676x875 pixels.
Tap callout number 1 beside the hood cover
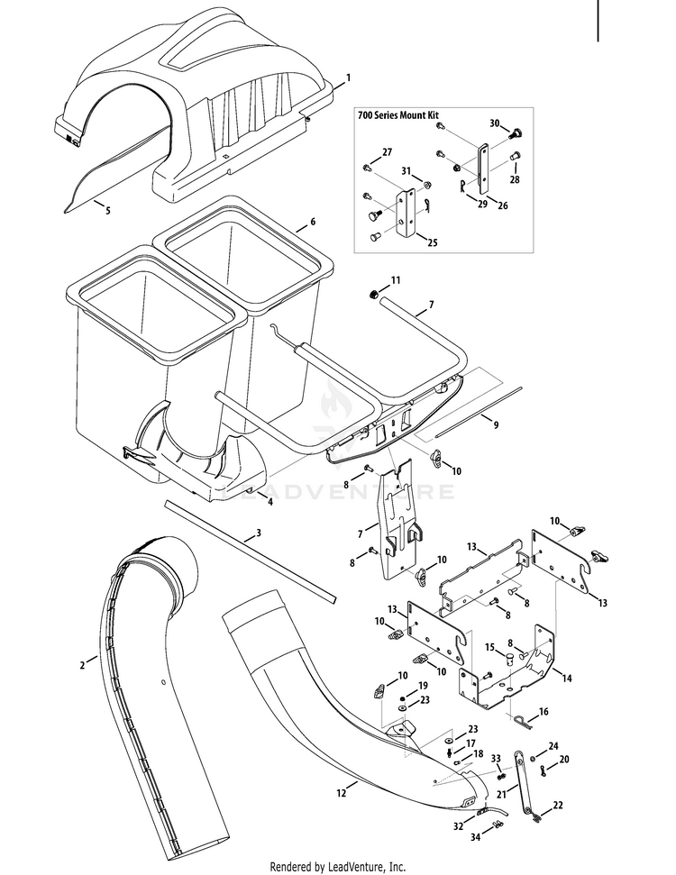tap(349, 77)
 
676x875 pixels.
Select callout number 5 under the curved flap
tap(108, 210)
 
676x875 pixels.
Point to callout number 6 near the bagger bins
tap(313, 222)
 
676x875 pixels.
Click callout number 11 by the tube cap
tap(396, 280)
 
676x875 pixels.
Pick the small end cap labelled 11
tap(372, 295)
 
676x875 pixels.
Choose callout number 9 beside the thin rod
tap(496, 424)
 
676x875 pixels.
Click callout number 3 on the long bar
tap(259, 533)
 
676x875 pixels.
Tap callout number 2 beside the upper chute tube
tap(83, 665)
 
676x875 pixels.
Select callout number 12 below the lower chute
tap(343, 792)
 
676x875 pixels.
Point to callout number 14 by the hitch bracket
tap(567, 679)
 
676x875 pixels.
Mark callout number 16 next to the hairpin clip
tap(544, 712)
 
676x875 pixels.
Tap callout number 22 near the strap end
tap(558, 806)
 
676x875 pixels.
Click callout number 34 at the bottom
tap(476, 836)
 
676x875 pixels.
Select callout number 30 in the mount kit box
tap(495, 123)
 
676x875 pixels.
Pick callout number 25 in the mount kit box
tap(433, 242)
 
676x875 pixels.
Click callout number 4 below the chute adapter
tap(270, 502)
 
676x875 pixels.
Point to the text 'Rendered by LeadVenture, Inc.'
tap(338, 867)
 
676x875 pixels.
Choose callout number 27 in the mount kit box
tap(387, 152)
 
